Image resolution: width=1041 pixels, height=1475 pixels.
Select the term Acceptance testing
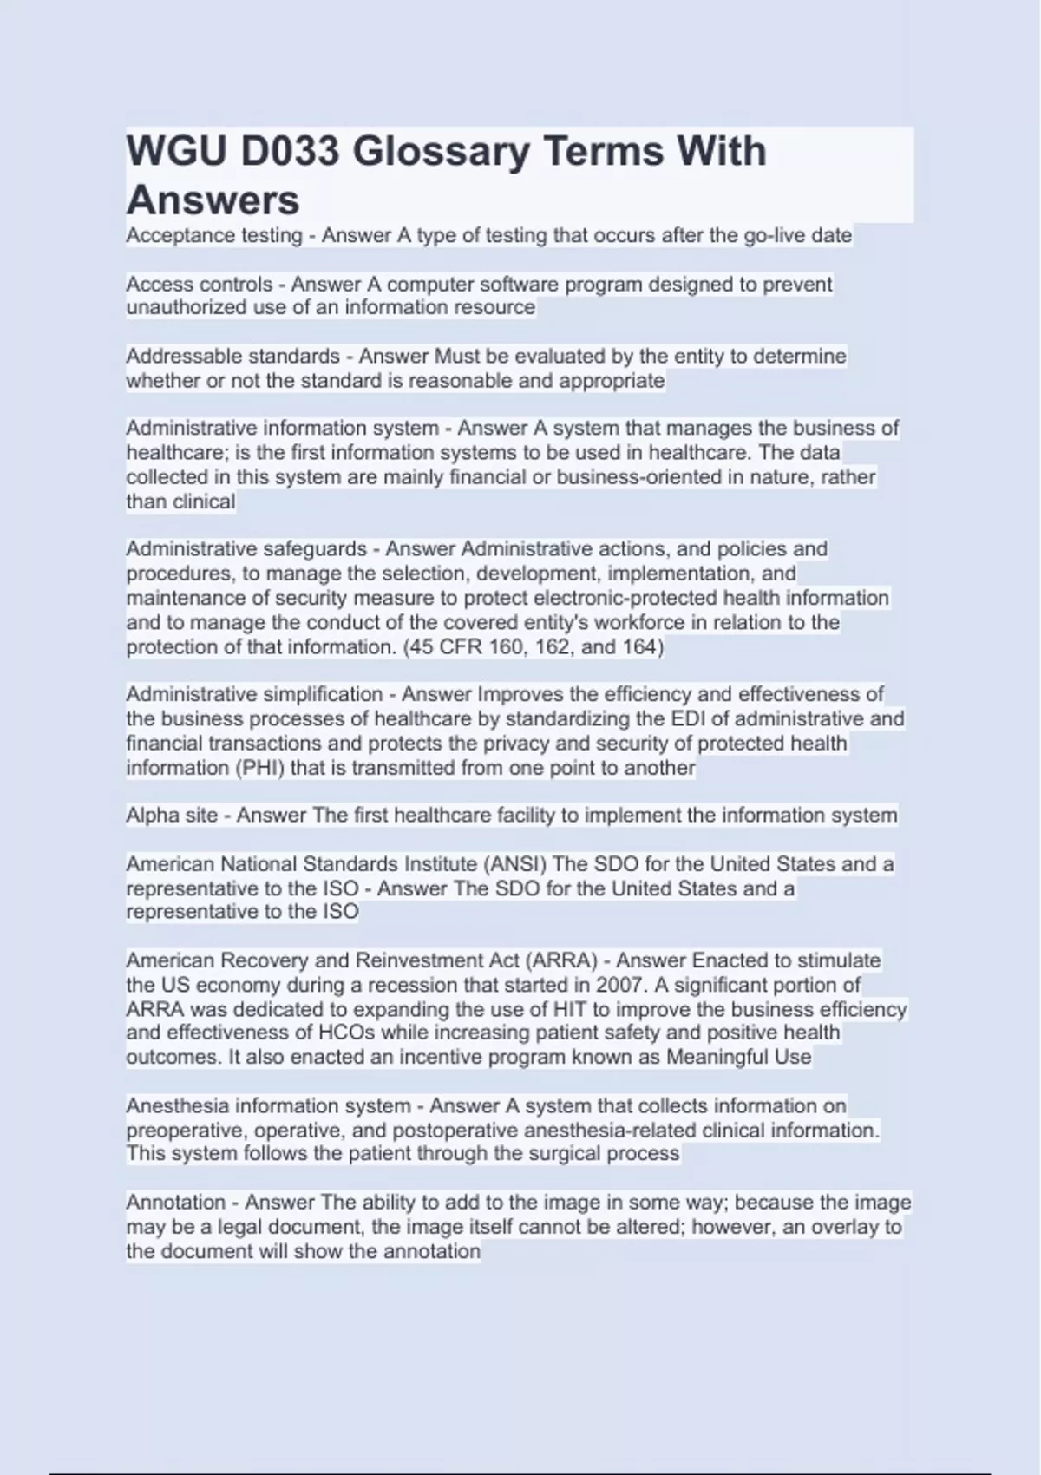coord(214,235)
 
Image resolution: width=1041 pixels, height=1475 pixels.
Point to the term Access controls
coord(199,284)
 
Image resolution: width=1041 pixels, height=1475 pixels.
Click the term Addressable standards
coord(232,356)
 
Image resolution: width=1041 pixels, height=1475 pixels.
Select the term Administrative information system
coord(282,428)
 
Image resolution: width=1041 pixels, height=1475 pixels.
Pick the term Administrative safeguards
coord(246,548)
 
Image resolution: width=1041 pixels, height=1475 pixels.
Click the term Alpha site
coord(172,815)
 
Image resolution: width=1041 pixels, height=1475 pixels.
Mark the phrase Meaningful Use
coord(738,1057)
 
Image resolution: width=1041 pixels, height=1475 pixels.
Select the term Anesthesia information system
coord(268,1105)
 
